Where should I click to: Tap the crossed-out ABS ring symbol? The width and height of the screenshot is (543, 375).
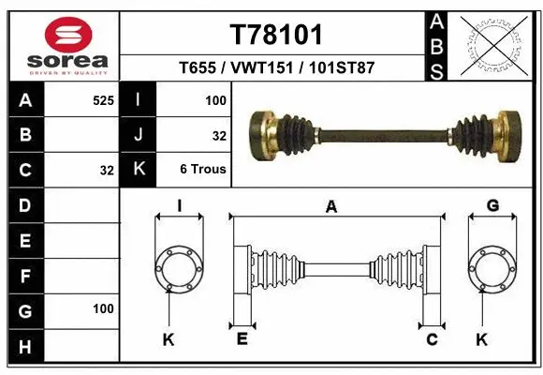coord(492,45)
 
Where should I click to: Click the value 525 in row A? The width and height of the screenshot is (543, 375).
coord(103,100)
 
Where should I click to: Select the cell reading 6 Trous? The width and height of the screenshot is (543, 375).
coord(203,170)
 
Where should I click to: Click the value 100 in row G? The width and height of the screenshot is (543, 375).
coord(103,308)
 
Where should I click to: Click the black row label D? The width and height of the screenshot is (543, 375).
coord(24,204)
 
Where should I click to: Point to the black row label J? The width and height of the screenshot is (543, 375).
coord(139,135)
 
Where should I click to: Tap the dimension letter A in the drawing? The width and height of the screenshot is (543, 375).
coord(330,208)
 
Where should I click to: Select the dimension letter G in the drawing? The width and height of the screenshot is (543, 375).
coord(492,206)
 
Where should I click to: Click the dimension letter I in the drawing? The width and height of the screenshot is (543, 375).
coord(178,206)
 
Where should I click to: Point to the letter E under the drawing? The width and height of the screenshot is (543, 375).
coord(241,339)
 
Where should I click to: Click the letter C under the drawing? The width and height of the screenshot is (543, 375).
coord(432,339)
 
